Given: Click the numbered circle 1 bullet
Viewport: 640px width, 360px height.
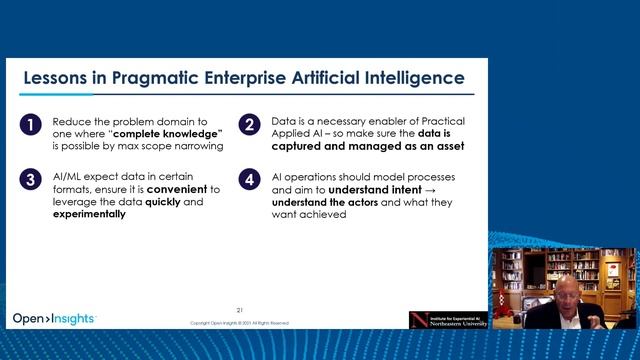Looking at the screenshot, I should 33,125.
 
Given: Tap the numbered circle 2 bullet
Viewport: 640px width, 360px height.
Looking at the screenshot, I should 249,125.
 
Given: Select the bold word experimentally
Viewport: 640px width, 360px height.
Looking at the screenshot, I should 89,214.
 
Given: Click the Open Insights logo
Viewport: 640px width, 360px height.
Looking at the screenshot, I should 54,319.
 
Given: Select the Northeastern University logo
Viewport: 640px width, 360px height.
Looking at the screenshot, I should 449,319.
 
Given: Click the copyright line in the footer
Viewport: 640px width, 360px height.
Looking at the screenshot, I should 240,323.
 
